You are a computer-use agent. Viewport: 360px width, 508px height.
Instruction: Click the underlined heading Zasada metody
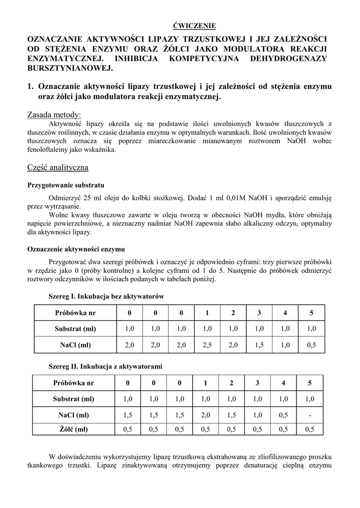click(x=54, y=115)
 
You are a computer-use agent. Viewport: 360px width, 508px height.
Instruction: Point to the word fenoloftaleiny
click(x=50, y=149)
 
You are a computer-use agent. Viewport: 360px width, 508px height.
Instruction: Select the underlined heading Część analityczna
click(x=58, y=168)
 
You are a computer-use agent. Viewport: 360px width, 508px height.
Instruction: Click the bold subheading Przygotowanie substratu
click(x=65, y=185)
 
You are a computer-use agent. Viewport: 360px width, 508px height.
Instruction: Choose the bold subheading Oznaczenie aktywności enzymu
click(x=75, y=249)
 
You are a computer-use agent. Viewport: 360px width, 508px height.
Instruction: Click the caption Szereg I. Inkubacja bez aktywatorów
click(x=106, y=296)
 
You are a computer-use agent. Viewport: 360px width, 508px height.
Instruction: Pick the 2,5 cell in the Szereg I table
click(x=207, y=344)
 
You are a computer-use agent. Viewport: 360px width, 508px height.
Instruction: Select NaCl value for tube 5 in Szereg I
click(x=311, y=344)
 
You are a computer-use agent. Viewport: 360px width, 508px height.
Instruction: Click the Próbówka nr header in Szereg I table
click(x=75, y=313)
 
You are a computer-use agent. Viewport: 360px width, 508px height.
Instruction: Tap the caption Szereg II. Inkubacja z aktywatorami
click(x=105, y=366)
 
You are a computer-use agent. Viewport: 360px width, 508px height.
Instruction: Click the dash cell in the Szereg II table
click(x=309, y=415)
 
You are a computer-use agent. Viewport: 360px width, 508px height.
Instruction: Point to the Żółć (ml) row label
click(x=73, y=430)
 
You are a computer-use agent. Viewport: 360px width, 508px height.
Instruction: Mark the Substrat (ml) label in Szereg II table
click(x=73, y=399)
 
